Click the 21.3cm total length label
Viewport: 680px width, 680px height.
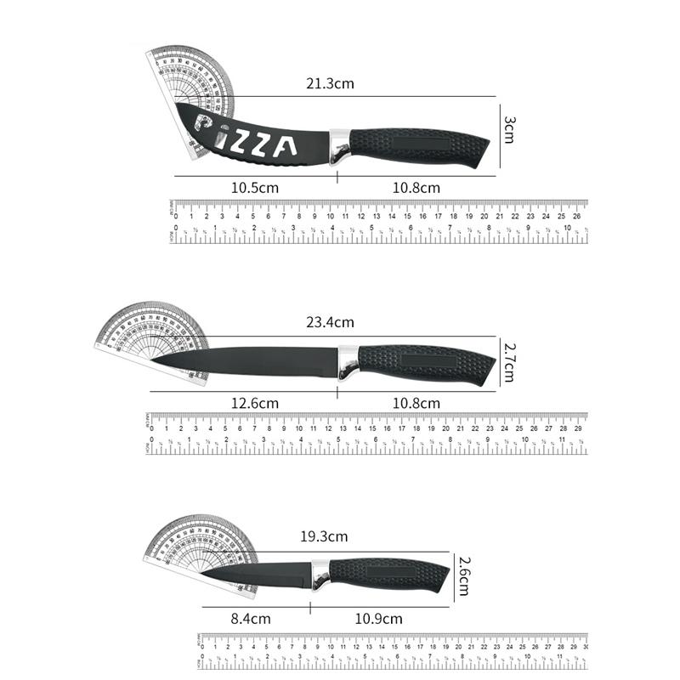pos(331,83)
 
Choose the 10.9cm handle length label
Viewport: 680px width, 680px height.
pos(379,619)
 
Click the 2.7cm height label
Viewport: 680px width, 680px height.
pos(508,362)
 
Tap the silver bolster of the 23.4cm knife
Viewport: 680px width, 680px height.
pos(349,362)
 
